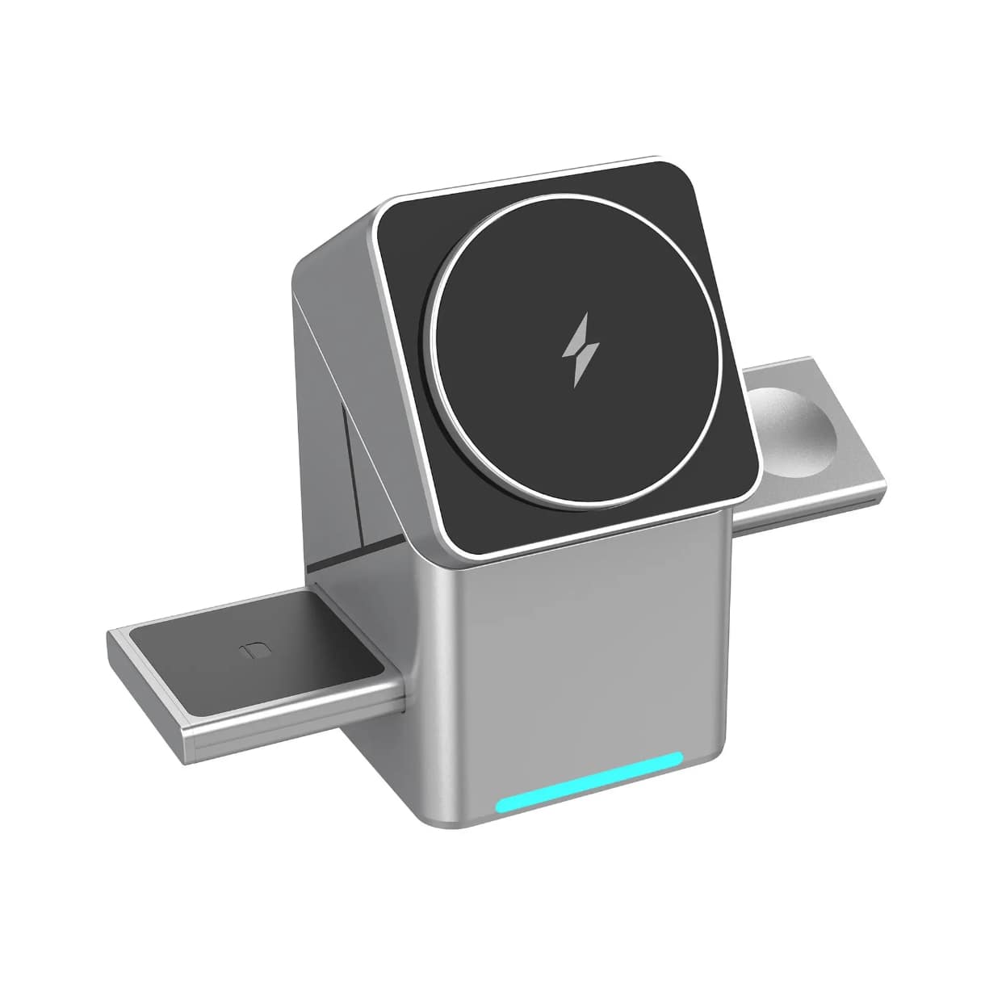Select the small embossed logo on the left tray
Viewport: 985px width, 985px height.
[251, 651]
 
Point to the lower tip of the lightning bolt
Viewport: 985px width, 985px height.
[577, 384]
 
